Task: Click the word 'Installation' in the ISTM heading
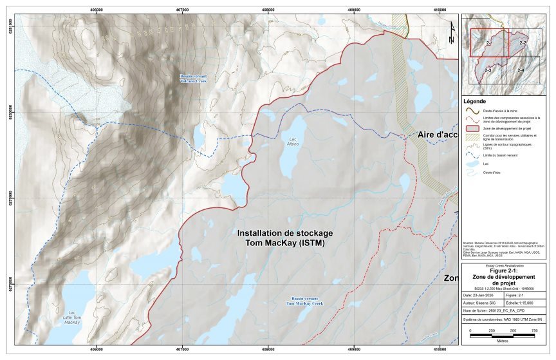(x=262, y=232)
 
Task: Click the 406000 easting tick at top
(x=96, y=10)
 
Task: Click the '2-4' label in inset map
(x=520, y=69)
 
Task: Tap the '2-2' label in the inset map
(x=523, y=43)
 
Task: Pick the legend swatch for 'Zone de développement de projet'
(x=471, y=129)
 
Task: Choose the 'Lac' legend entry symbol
(x=471, y=164)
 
